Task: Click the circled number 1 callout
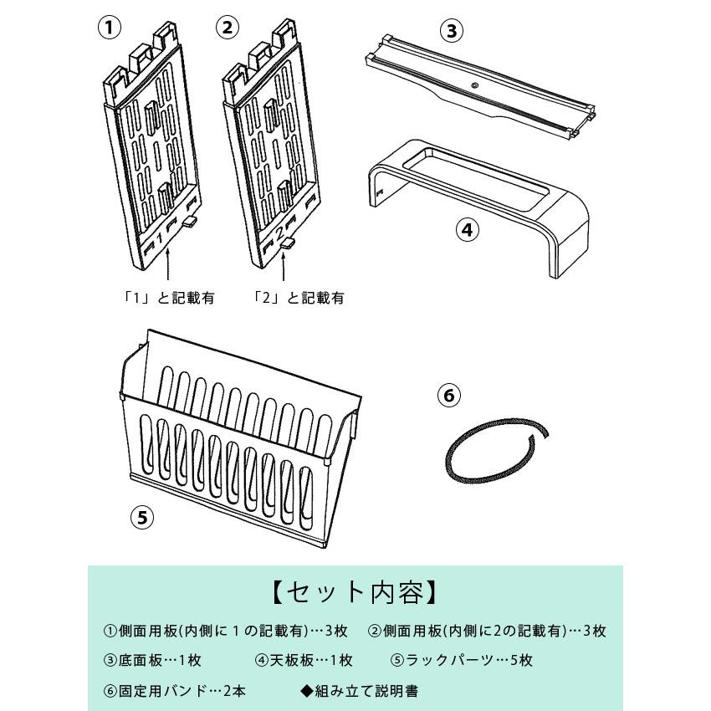click(110, 27)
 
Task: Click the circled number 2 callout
click(227, 27)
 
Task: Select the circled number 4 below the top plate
click(469, 229)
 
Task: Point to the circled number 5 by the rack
click(143, 517)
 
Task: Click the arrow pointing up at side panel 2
click(284, 269)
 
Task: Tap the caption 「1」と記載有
click(167, 298)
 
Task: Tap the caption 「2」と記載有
click(299, 298)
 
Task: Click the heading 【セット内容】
click(355, 592)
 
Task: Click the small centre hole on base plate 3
click(473, 85)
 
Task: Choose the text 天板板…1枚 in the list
click(304, 660)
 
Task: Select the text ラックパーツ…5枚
click(462, 660)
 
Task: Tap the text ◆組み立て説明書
click(359, 691)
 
